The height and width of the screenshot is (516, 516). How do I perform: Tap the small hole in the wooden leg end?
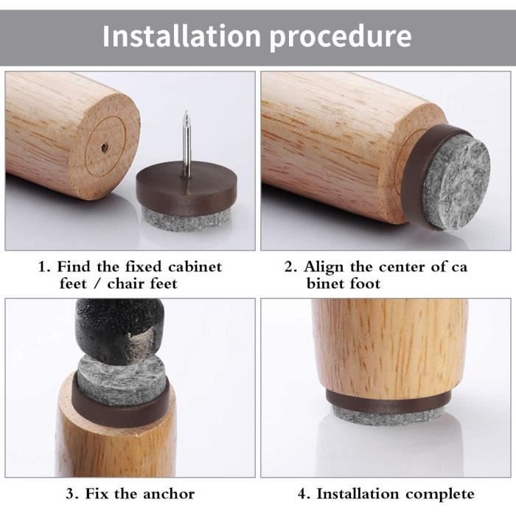[105, 146]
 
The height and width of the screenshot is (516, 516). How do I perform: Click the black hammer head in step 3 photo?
[119, 331]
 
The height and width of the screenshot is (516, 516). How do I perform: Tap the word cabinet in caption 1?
[195, 267]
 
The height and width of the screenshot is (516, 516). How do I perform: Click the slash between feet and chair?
[97, 284]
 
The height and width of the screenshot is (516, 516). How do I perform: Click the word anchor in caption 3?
[169, 494]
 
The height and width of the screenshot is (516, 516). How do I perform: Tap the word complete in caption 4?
[440, 495]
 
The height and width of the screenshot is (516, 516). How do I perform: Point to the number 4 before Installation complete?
[303, 495]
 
